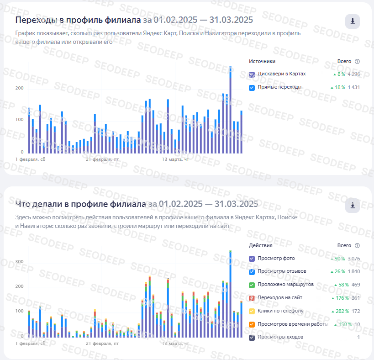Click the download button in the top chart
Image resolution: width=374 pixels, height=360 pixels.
(352, 21)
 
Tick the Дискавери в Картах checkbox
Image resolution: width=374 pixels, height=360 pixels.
(252, 74)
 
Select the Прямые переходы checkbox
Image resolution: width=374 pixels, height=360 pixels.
(252, 87)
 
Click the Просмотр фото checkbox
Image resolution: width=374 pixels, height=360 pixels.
(252, 259)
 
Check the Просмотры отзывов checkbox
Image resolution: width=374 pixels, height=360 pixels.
(252, 271)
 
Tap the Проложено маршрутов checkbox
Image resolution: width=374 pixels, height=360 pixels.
(252, 285)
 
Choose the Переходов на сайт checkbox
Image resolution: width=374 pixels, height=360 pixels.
(252, 298)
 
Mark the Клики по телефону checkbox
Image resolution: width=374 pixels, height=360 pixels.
(252, 311)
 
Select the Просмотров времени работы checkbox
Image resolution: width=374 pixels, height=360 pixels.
(252, 324)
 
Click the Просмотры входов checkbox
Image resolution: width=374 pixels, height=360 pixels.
(252, 338)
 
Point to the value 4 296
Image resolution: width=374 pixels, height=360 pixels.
(353, 74)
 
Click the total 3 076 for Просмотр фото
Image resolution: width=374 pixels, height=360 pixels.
(353, 259)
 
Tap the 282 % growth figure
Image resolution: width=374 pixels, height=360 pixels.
(339, 311)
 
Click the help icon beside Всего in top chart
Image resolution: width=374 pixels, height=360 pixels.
(357, 62)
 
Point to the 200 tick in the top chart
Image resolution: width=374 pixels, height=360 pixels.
(19, 88)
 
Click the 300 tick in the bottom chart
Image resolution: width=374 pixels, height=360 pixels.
(19, 262)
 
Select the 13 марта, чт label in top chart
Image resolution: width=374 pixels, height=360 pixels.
(175, 159)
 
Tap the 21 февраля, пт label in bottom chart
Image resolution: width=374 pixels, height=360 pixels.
(102, 343)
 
